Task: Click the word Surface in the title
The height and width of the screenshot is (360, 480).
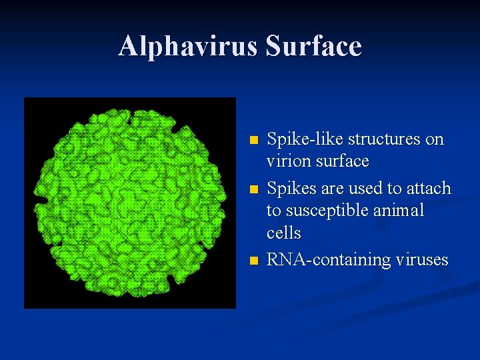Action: click(x=313, y=46)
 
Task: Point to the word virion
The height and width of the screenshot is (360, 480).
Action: click(x=285, y=162)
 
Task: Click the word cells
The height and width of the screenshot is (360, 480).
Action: click(x=283, y=233)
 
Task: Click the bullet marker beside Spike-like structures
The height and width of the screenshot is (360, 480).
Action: click(x=252, y=141)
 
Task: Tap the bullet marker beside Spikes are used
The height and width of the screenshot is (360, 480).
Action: click(x=252, y=190)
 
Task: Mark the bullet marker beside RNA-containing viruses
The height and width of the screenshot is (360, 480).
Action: click(x=252, y=261)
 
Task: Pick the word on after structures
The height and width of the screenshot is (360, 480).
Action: click(x=434, y=139)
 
